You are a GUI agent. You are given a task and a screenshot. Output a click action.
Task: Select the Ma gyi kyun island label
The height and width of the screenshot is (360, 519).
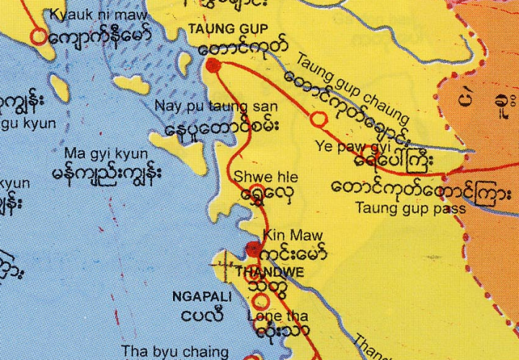pyautogui.click(x=105, y=154)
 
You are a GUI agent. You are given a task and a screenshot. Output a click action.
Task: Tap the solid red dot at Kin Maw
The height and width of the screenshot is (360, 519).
pyautogui.click(x=252, y=250)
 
